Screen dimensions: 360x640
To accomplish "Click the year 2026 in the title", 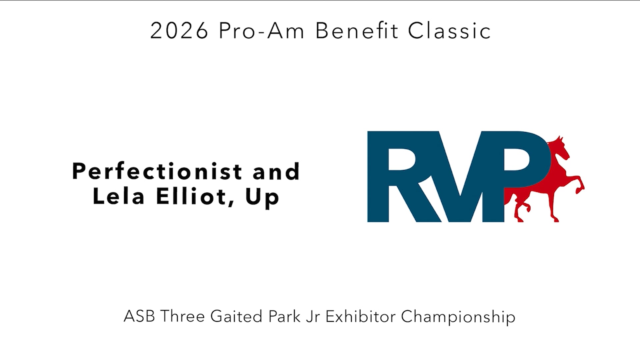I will pos(179,31).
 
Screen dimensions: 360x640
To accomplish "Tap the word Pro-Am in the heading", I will pos(261,31).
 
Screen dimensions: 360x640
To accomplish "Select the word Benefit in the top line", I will pos(357,31).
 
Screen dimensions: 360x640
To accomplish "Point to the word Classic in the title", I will pos(449,31).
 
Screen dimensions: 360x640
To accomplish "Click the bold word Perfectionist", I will pos(157,172).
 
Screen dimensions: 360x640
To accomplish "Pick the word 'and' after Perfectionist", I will pos(276,172).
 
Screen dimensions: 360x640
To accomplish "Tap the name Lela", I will pos(118,197).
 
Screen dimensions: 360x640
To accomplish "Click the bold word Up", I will pos(262,197).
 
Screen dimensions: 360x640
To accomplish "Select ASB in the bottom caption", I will pos(139,316).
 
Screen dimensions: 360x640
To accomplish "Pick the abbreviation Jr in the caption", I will pos(313,316).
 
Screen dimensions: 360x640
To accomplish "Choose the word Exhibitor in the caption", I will pos(360,316).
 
